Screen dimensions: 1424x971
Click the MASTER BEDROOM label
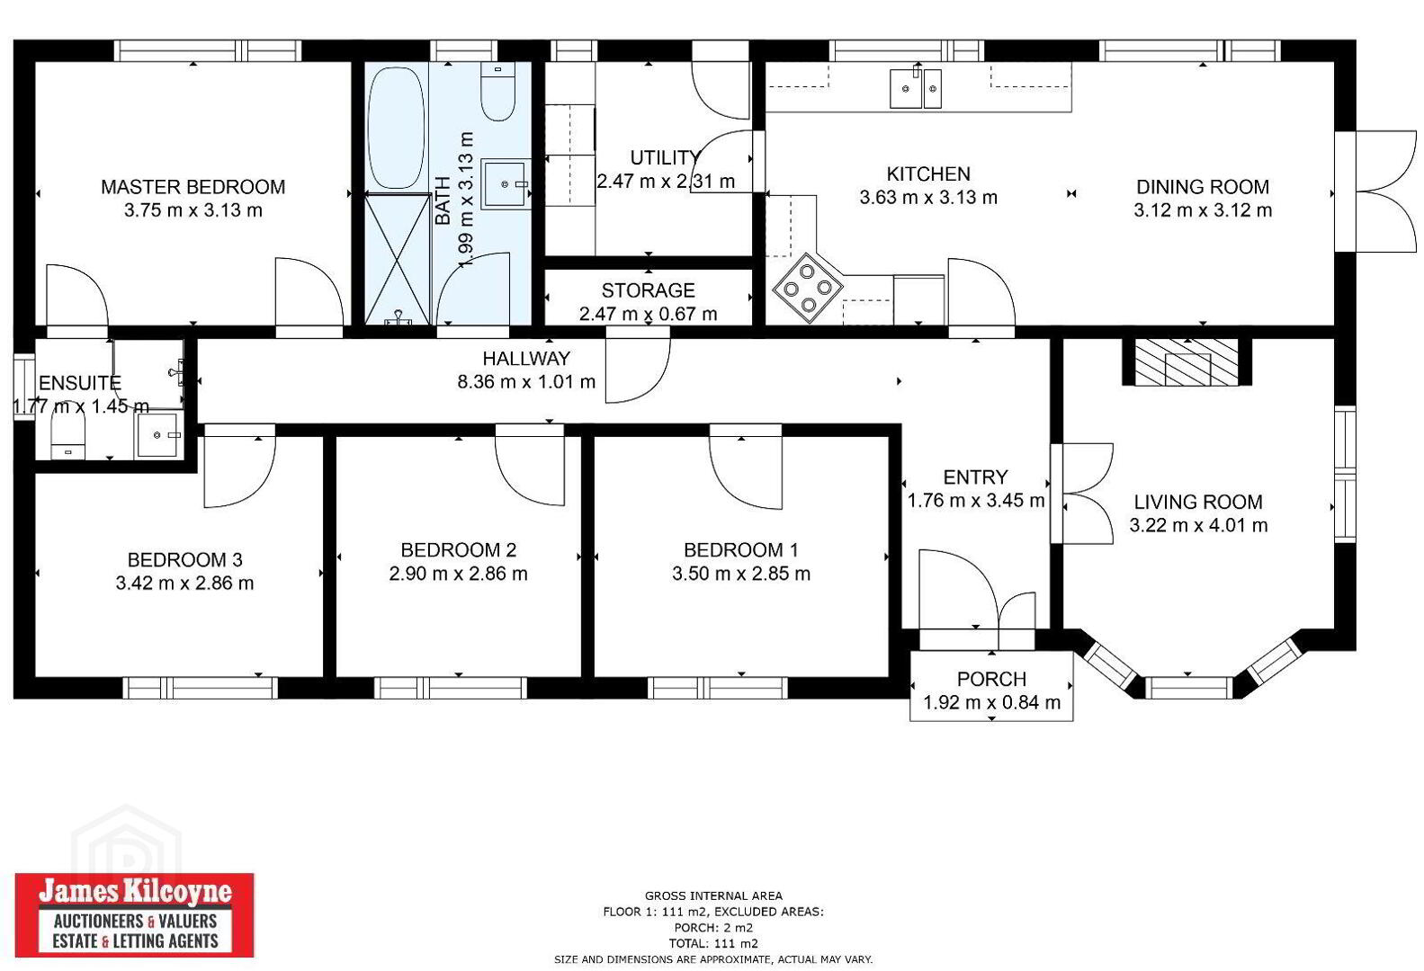point(193,187)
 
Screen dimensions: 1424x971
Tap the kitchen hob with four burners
point(808,289)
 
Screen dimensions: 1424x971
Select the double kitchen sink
point(916,88)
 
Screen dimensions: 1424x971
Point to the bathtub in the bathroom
point(396,128)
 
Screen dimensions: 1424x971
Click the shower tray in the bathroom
point(398,259)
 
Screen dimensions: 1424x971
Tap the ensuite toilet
point(67,436)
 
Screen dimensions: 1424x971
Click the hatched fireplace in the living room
point(1187,362)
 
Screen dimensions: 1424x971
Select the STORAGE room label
point(648,290)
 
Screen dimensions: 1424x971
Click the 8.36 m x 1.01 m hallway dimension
point(526,382)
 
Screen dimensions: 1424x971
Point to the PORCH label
point(991,680)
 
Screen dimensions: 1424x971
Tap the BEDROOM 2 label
point(459,549)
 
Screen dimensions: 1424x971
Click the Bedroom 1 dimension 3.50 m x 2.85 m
point(741,574)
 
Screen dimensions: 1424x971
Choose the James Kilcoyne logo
point(135,915)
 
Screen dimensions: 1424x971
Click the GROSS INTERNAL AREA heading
point(713,896)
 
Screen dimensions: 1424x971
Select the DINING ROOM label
point(1203,187)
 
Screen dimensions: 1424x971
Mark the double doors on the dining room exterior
point(1375,191)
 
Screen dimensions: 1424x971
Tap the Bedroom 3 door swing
point(239,466)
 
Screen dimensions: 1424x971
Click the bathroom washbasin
point(506,183)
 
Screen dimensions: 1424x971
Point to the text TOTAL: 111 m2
point(713,944)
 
